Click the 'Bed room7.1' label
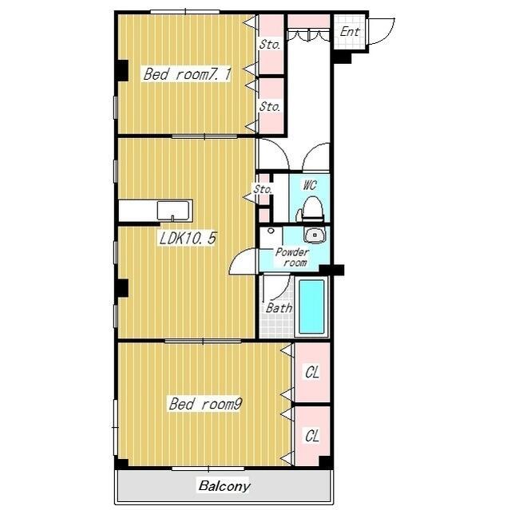tap(187, 74)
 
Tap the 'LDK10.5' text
tap(188, 238)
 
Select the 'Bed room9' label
tap(205, 404)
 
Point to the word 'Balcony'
tap(224, 486)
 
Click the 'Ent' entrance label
tap(350, 32)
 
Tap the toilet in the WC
tap(310, 209)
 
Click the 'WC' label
tap(310, 185)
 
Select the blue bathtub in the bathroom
tap(311, 306)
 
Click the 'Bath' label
tap(279, 308)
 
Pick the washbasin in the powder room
tap(315, 235)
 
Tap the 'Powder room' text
tap(292, 257)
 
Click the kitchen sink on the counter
tap(173, 211)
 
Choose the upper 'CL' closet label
tap(312, 372)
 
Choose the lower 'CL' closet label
tap(312, 436)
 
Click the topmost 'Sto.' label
tap(270, 44)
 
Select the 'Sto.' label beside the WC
tap(263, 189)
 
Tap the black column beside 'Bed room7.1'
tap(122, 70)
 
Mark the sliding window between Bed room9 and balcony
tap(208, 468)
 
